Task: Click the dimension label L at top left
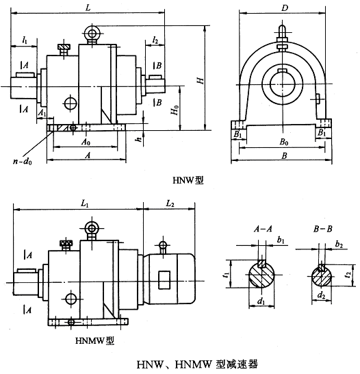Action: (88, 8)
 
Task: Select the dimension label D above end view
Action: (285, 8)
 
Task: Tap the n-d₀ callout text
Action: (23, 162)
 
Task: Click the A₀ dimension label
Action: (86, 142)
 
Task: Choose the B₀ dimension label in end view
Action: (284, 142)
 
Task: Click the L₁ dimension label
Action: (85, 203)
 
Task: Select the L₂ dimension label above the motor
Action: (170, 203)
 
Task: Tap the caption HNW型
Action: (188, 180)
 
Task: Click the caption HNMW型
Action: (95, 340)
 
